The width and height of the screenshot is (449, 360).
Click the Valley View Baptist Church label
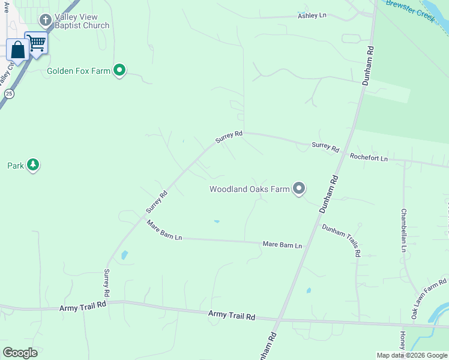click(82, 22)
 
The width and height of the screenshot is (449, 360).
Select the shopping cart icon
click(37, 42)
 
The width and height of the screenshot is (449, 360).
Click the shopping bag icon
click(17, 50)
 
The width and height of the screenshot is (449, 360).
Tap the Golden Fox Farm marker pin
click(119, 71)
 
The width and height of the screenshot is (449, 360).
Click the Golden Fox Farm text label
click(79, 71)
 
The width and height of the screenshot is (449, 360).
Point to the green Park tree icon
click(33, 165)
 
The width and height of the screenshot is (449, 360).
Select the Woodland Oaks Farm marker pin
click(299, 189)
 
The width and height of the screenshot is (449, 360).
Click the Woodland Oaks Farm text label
click(249, 190)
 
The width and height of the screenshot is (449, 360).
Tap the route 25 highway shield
click(9, 94)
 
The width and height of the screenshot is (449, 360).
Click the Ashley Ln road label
click(312, 15)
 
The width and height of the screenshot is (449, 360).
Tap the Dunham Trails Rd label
click(341, 240)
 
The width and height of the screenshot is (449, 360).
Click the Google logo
click(20, 352)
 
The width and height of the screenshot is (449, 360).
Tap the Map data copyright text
click(412, 355)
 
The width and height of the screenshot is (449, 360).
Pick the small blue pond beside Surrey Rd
click(124, 255)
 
